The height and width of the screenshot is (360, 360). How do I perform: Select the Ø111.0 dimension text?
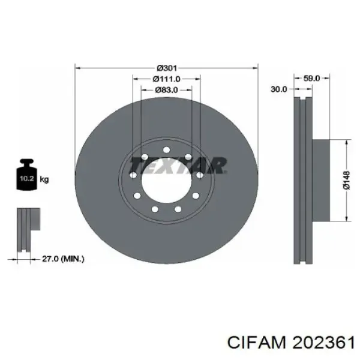tap(166, 79)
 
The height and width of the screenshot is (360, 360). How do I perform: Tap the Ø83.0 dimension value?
tap(166, 89)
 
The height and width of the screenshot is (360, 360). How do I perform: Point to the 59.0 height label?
tap(312, 78)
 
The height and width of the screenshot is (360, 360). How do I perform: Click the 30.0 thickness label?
tap(280, 89)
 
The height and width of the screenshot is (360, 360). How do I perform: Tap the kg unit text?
tap(44, 178)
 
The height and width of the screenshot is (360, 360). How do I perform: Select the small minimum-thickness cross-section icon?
tap(26, 232)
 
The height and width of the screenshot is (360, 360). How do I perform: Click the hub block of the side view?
tap(320, 181)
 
